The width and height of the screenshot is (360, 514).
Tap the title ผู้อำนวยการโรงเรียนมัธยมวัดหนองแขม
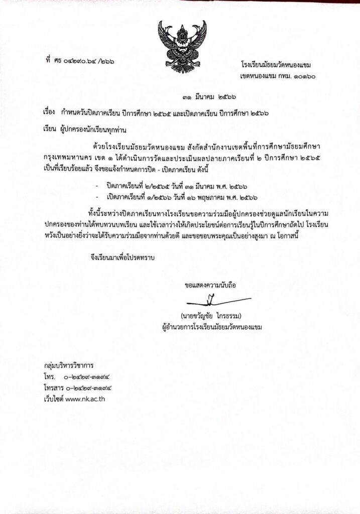209,327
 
